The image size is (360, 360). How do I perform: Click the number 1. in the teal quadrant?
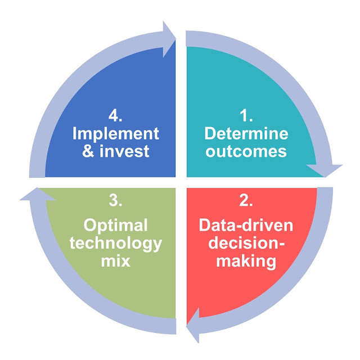245,116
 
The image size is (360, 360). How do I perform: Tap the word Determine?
246,134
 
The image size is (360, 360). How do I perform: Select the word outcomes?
246,151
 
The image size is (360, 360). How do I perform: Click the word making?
246,261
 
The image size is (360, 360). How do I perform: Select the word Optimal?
115,225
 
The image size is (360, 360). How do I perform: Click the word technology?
115,243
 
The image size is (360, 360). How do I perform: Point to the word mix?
115,261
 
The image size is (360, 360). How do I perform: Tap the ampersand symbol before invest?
88,151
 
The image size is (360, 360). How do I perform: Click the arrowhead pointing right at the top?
168,39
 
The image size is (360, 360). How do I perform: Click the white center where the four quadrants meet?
181,182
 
